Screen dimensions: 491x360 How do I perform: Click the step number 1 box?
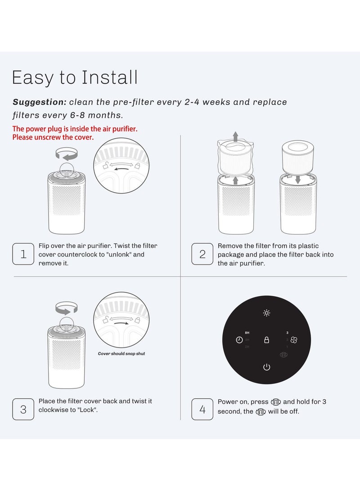23,254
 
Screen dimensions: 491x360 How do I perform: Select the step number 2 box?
202,254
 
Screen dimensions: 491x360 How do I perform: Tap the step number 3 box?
23,410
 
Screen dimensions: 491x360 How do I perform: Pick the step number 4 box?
202,410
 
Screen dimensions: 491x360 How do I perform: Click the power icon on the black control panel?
266,367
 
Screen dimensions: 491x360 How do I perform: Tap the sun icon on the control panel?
266,313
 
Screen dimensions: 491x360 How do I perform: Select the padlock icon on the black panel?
266,340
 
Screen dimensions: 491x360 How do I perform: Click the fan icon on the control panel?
294,340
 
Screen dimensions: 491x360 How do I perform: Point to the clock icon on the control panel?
239,340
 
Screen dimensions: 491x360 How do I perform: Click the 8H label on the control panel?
247,333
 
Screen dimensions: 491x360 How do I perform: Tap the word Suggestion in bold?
40,102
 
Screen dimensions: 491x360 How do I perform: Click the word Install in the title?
109,77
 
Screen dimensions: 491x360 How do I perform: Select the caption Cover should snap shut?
121,354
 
